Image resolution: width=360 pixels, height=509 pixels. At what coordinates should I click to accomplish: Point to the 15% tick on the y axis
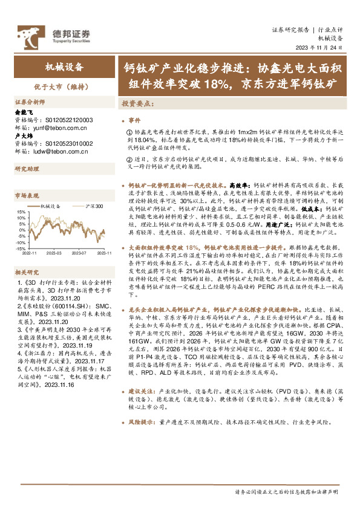[21, 212]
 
